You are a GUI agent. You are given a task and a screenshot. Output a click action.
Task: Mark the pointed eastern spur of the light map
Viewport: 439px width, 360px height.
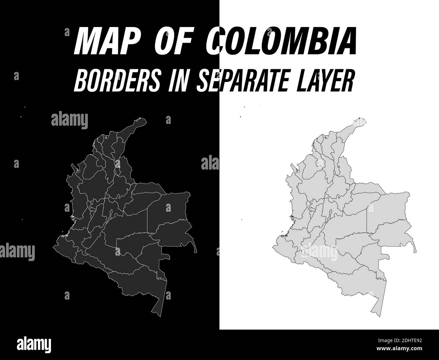(x=415, y=251)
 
